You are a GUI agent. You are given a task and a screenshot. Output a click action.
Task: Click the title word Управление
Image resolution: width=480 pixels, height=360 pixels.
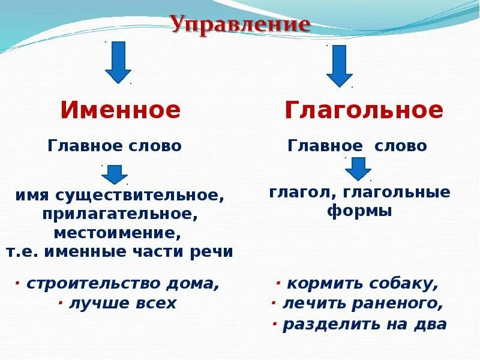pos(240,25)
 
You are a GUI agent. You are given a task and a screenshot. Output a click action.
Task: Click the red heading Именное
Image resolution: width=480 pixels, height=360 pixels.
pos(120,110)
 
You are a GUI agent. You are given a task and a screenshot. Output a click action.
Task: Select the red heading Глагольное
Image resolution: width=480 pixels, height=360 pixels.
pos(364,110)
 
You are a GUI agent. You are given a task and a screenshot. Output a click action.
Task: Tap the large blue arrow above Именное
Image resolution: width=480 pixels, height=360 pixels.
pos(118,62)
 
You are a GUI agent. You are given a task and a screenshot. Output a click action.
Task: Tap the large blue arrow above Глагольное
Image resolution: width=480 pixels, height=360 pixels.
pos(339,66)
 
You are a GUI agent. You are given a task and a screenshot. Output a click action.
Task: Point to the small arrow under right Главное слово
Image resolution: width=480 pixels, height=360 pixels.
pos(358,169)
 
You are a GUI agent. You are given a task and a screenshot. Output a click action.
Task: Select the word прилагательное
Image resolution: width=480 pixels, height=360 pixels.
pos(120,214)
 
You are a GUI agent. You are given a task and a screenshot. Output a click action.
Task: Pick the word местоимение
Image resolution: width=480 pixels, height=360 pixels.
pos(117,232)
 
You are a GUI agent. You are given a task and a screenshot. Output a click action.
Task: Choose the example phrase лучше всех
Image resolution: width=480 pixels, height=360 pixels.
pos(122,303)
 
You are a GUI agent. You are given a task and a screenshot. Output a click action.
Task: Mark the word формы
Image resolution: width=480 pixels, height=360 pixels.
pos(359,211)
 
